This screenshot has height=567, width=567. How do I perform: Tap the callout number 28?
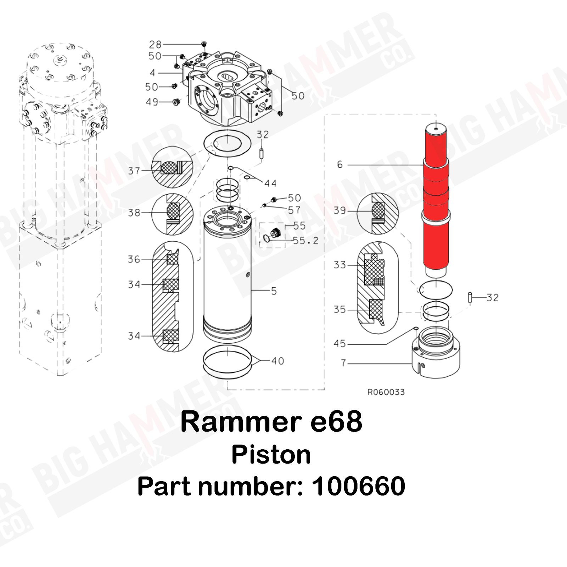coord(155,45)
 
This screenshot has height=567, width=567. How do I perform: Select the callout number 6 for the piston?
coord(340,164)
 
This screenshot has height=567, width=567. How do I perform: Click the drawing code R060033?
coord(386,392)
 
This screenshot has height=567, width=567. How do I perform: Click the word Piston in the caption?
coord(271,455)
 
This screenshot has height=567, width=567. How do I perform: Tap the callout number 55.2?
coord(305,241)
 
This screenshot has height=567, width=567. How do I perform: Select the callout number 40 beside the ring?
coord(277,361)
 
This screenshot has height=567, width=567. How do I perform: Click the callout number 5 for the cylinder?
coord(274,291)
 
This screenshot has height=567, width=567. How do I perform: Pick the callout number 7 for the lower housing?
coord(343,363)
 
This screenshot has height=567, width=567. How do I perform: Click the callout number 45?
coord(339,343)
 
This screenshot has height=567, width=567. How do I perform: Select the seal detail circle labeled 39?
coord(378,213)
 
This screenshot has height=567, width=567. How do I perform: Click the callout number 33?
coord(339,265)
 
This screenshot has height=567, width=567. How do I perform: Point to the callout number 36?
coord(134,259)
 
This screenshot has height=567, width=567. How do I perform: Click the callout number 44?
coord(270,183)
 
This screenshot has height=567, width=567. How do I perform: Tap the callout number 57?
coord(294,210)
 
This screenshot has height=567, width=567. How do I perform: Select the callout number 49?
coord(152,102)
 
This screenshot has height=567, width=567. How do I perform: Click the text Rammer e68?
coord(271,422)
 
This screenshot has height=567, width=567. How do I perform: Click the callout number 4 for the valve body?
coord(152,73)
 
